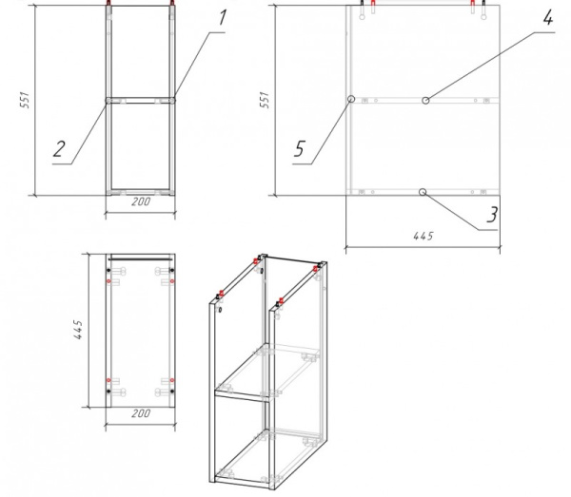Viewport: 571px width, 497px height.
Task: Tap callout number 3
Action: (491, 215)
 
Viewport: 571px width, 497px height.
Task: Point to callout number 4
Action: (547, 18)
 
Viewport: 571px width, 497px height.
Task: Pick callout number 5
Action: (299, 148)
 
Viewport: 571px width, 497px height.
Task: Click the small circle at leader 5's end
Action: (351, 99)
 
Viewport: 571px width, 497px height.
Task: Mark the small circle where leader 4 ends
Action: (426, 99)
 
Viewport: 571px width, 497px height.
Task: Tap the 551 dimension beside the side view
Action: (265, 99)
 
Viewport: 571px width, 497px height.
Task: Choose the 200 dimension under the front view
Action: (140, 202)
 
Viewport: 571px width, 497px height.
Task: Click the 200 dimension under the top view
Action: (140, 414)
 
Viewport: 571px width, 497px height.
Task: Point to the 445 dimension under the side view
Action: (422, 236)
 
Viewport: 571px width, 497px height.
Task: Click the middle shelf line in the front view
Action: (140, 99)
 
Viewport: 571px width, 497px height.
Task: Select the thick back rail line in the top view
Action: (140, 258)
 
